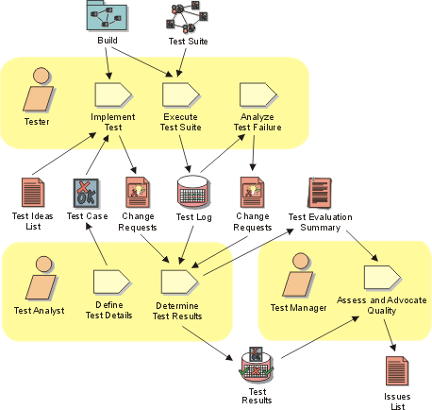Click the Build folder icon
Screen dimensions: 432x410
pos(107,15)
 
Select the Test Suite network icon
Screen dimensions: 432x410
pos(187,17)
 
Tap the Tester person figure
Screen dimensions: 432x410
pos(39,90)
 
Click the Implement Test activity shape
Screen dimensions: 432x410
pos(113,94)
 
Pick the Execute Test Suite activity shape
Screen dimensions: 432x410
pos(181,94)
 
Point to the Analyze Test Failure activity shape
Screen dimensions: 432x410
pos(258,94)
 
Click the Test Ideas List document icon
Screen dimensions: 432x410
pos(33,193)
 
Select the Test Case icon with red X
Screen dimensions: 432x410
pos(86,194)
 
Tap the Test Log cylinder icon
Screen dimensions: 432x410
pos(192,192)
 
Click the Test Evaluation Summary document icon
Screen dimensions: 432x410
pos(320,193)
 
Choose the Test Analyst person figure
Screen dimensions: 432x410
pos(42,278)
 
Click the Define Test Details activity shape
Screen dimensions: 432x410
pos(111,282)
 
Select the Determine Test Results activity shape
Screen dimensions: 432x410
pos(179,282)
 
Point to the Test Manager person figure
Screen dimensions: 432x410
pos(298,275)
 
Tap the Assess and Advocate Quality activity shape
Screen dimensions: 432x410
pos(382,278)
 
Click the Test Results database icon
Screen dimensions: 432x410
pos(257,365)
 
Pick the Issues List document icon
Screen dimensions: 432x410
pos(397,371)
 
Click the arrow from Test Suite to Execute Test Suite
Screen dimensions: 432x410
pos(181,62)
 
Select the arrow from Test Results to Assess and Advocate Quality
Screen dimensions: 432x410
pos(320,337)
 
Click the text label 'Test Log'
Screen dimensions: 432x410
pos(194,217)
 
